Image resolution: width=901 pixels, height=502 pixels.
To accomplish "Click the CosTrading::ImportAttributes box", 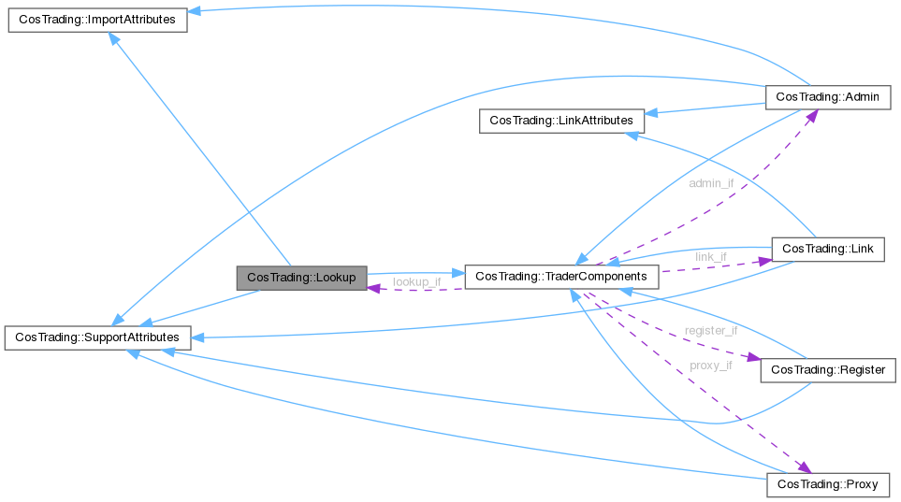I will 97,20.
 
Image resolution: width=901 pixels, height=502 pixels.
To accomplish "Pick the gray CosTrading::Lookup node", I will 301,278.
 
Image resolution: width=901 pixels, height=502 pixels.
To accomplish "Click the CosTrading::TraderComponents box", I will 561,277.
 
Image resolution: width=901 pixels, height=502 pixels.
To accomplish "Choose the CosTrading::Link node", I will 826,249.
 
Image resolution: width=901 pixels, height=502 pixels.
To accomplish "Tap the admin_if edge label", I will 711,183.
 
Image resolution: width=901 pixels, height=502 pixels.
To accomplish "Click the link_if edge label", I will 711,256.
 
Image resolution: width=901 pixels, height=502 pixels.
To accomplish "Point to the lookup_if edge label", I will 416,281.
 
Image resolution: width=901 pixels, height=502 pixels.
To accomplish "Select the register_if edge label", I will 711,330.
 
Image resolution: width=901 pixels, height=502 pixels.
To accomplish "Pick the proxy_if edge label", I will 711,366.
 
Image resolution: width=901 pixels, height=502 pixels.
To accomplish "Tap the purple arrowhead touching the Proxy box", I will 803,466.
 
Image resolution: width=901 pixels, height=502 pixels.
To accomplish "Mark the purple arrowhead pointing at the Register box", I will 752,357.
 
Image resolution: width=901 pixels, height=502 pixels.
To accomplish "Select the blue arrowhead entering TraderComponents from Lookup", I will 458,274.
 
